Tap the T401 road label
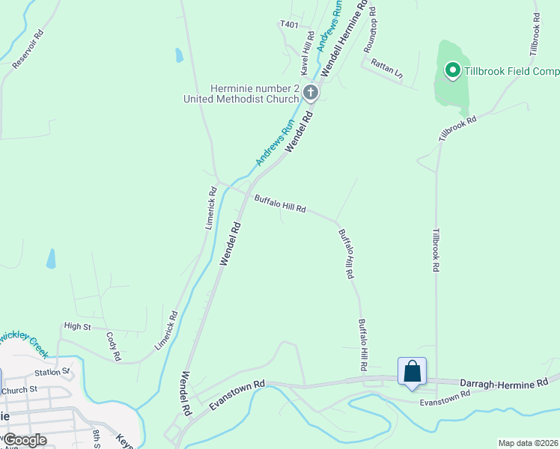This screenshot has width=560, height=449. (x=289, y=25)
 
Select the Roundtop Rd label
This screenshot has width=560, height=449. (x=370, y=31)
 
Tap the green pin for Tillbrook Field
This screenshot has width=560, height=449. (x=452, y=71)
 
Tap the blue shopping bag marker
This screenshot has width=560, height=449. (x=412, y=371)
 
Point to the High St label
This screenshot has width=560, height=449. (x=77, y=326)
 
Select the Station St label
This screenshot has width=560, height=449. (x=52, y=371)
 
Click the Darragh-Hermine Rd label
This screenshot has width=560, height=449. (x=504, y=383)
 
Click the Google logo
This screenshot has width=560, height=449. (x=25, y=440)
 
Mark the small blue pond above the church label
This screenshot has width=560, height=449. (x=179, y=55)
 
